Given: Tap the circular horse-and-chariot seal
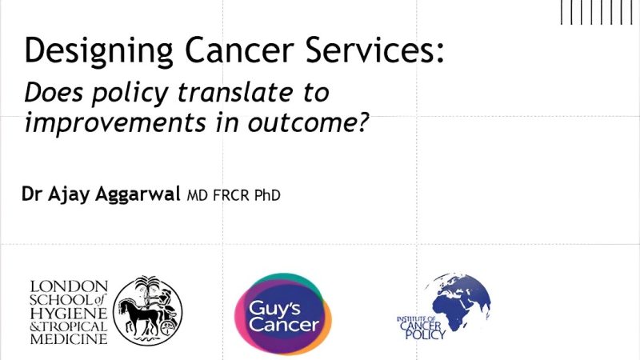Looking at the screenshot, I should [147, 310].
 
